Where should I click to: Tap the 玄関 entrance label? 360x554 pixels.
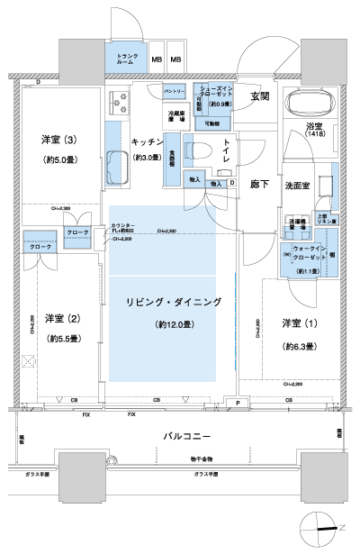tap(260, 96)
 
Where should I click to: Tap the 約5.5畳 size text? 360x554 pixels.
tap(59, 339)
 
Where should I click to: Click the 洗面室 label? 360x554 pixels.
tap(298, 185)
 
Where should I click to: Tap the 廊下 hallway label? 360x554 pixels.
tap(260, 181)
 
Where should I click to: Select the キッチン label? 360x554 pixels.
tap(147, 141)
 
